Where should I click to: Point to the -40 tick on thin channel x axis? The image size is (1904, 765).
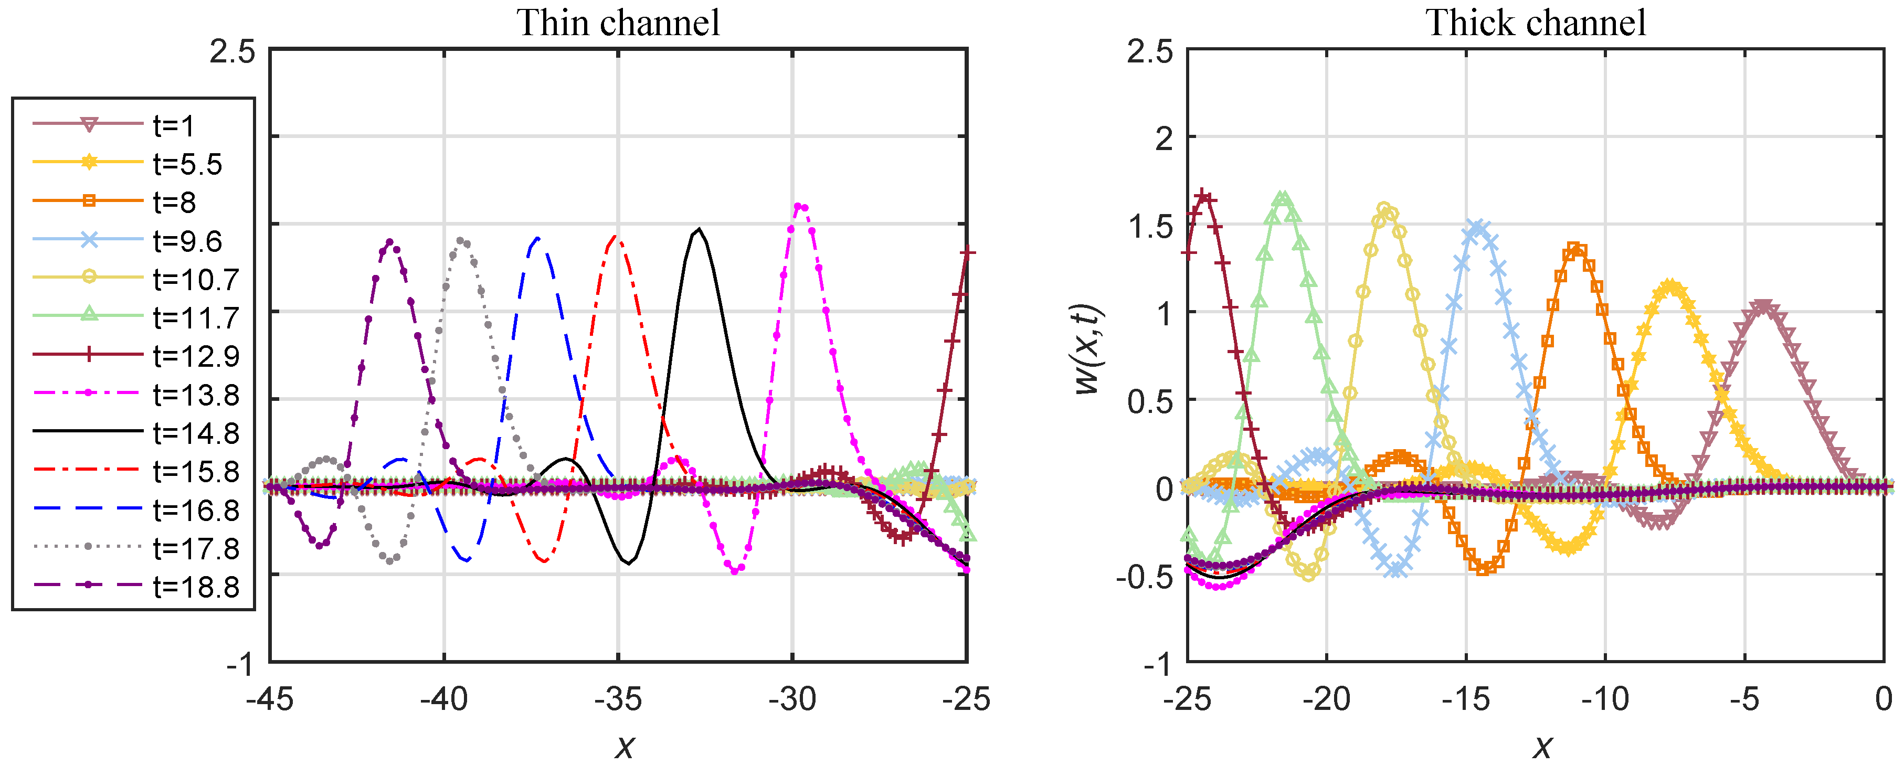pos(444,698)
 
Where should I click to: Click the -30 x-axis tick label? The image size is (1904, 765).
pos(792,698)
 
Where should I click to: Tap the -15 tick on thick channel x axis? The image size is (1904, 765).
pos(1466,698)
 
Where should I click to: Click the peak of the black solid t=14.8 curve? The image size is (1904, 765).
pos(699,229)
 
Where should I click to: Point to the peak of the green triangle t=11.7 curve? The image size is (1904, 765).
pos(1283,198)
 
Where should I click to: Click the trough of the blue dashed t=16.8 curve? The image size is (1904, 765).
pos(466,559)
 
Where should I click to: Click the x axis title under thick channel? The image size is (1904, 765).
pos(1542,747)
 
